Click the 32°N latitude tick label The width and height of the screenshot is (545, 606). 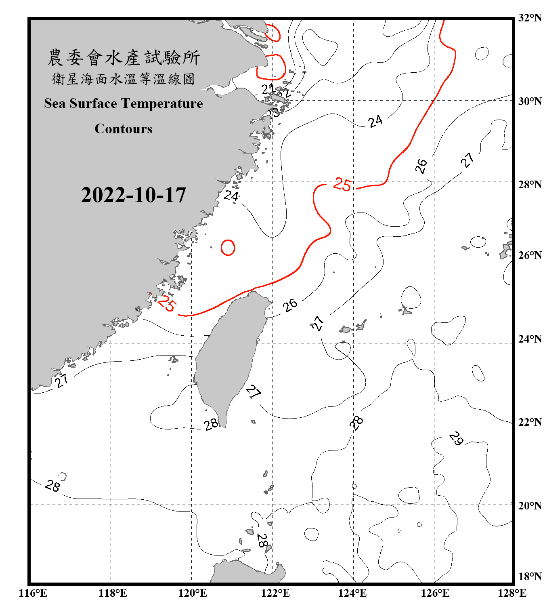pyautogui.click(x=530, y=17)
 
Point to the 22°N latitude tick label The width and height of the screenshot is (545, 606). pyautogui.click(x=530, y=422)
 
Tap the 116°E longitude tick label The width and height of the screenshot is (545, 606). pyautogui.click(x=33, y=593)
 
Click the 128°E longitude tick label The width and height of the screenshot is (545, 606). pyautogui.click(x=512, y=593)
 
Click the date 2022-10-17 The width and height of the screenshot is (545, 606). pyautogui.click(x=133, y=195)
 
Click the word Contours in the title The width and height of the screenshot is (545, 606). pyautogui.click(x=124, y=129)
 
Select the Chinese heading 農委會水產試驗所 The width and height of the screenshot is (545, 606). pyautogui.click(x=124, y=58)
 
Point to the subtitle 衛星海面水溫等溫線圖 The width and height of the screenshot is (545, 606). pyautogui.click(x=124, y=79)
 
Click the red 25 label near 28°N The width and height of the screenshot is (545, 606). pyautogui.click(x=342, y=185)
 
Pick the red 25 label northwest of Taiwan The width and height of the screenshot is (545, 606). pyautogui.click(x=166, y=303)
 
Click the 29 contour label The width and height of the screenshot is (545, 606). pyautogui.click(x=456, y=438)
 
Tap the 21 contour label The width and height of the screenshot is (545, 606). pyautogui.click(x=267, y=89)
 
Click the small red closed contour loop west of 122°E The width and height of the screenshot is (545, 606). pyautogui.click(x=228, y=247)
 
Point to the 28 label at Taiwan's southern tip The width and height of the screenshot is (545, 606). pyautogui.click(x=211, y=424)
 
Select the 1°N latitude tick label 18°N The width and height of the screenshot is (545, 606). pyautogui.click(x=530, y=577)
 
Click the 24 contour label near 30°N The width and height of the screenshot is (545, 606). pyautogui.click(x=375, y=121)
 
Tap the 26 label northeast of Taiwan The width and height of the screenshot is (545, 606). pyautogui.click(x=290, y=305)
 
